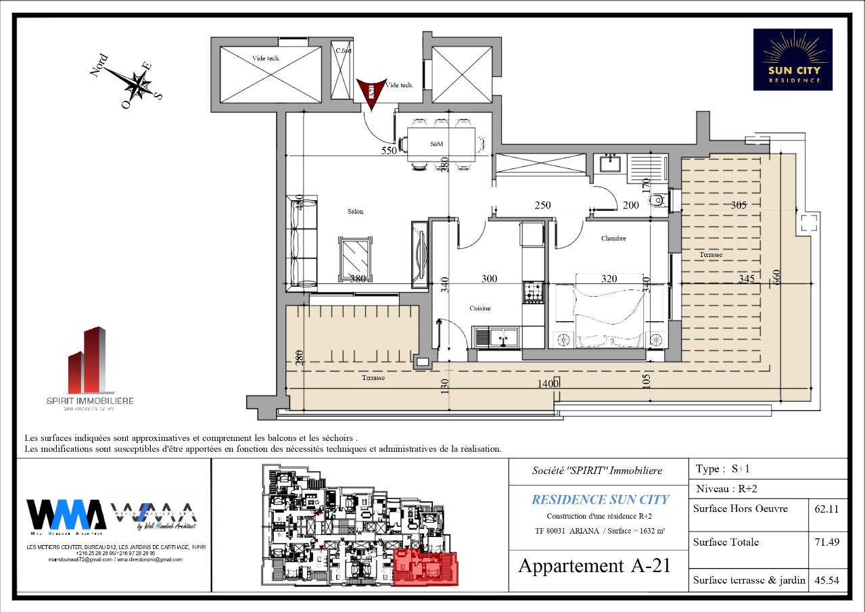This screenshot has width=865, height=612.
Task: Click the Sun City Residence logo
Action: click(793, 60)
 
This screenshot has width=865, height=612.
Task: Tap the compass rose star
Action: click(138, 85)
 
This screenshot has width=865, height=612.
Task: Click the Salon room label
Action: click(355, 212)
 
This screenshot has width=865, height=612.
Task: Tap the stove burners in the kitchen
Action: click(532, 293)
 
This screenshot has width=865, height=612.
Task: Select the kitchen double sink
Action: click(496, 336)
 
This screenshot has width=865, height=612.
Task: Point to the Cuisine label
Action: click(480, 308)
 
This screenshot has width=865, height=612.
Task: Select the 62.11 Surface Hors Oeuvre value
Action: click(828, 509)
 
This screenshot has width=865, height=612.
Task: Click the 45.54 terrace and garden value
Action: click(828, 580)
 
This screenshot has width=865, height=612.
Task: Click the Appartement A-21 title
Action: click(594, 565)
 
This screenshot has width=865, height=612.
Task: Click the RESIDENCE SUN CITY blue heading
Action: click(600, 500)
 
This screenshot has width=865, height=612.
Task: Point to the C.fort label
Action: click(344, 50)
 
